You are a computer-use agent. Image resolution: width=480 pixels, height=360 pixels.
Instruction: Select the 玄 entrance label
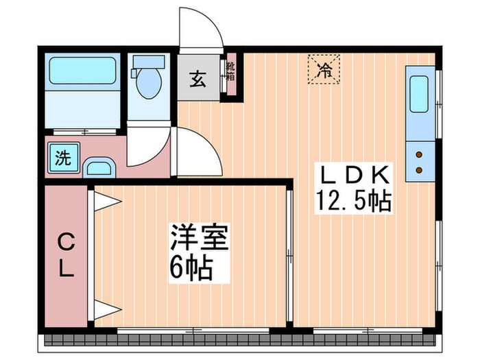[x=197, y=78]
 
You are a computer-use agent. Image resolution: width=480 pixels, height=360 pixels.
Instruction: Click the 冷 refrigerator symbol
[x=324, y=69]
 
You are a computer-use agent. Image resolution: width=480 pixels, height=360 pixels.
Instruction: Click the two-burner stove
[x=419, y=162]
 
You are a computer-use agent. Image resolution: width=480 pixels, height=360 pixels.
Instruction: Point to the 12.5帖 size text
[x=353, y=201]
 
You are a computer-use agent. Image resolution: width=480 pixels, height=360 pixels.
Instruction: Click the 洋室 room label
[x=199, y=239]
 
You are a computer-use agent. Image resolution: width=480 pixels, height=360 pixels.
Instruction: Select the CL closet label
[x=65, y=254]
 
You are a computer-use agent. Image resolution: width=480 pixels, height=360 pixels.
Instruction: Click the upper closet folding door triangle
[x=106, y=200]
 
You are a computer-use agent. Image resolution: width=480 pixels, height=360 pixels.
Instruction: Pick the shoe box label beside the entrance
[x=231, y=73]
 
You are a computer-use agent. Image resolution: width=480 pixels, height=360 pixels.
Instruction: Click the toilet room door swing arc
[x=147, y=147]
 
